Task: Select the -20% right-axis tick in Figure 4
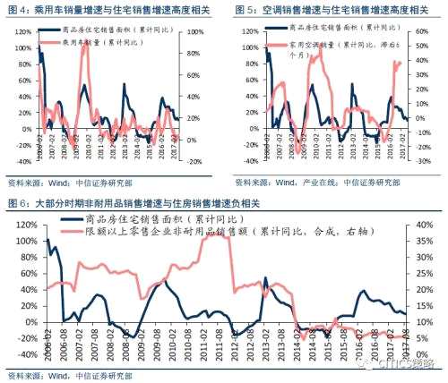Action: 191,162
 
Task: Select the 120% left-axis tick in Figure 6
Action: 19,225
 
